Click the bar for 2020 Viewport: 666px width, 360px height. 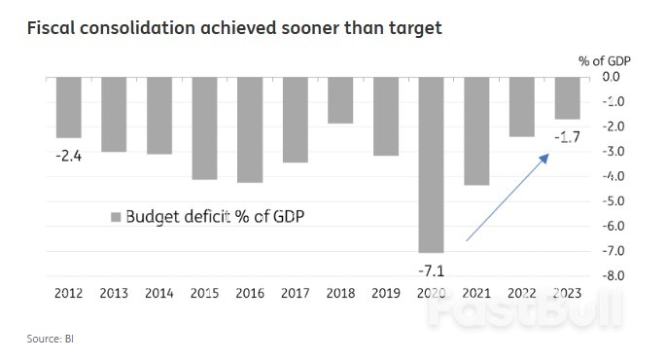point(431,163)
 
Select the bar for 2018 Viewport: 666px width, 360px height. point(340,99)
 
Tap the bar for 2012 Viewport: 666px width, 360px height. point(68,106)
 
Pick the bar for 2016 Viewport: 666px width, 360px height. point(250,128)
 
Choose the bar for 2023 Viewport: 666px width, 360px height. point(567,97)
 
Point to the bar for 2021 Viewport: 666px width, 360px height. point(476,130)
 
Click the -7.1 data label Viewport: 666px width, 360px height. point(431,268)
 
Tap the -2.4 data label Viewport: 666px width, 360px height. point(68,154)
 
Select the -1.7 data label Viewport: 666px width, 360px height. point(567,135)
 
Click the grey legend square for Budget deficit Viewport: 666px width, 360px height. point(116,216)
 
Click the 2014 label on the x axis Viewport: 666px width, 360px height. point(158,294)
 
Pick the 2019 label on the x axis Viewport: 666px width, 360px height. point(386,294)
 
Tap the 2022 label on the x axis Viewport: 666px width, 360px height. point(522,294)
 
